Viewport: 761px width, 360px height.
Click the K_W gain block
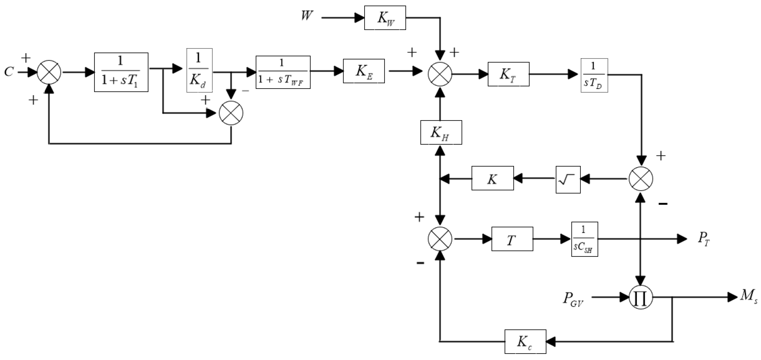pyautogui.click(x=385, y=18)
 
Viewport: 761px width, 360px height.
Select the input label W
pyautogui.click(x=307, y=15)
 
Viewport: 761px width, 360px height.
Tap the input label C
pyautogui.click(x=9, y=72)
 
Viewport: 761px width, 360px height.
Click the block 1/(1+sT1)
pyautogui.click(x=121, y=72)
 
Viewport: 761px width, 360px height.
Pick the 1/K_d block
pyautogui.click(x=199, y=70)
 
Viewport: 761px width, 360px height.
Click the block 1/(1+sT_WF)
pyautogui.click(x=283, y=72)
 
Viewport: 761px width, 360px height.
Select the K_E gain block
pyautogui.click(x=364, y=71)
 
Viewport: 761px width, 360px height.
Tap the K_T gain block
pyautogui.click(x=508, y=74)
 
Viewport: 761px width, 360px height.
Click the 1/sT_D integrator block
pyautogui.click(x=594, y=75)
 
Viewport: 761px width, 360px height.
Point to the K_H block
pyautogui.click(x=441, y=132)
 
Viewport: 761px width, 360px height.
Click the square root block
pyautogui.click(x=568, y=179)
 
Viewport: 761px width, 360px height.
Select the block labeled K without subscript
pyautogui.click(x=492, y=178)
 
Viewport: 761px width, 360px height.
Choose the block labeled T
pyautogui.click(x=512, y=239)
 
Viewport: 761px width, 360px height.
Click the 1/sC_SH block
pyautogui.click(x=584, y=239)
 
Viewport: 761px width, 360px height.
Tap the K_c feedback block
pyautogui.click(x=525, y=341)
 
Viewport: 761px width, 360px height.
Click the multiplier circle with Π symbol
pyautogui.click(x=640, y=297)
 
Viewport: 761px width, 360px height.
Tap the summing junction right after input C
pyautogui.click(x=49, y=72)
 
